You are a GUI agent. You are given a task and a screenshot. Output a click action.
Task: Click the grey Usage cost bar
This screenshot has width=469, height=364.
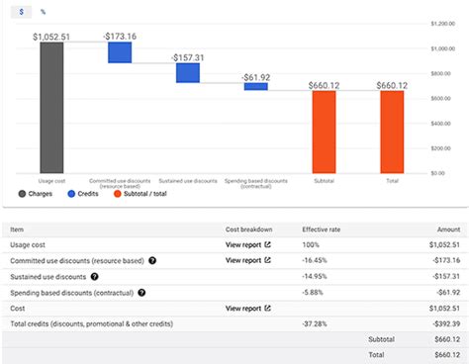[x=50, y=108]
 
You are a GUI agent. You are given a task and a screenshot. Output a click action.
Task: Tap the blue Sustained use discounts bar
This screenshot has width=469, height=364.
[x=188, y=73]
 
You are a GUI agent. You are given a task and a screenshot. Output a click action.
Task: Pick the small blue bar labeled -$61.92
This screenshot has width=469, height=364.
[x=255, y=86]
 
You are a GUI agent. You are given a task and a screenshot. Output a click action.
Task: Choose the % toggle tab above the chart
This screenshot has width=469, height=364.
[x=44, y=11]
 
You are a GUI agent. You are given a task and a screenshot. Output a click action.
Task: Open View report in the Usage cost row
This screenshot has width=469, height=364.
[x=246, y=243]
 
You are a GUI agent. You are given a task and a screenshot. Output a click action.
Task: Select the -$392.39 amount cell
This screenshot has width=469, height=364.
[x=441, y=324]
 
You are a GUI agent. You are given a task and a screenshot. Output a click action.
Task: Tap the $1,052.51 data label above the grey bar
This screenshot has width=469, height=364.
[x=50, y=37]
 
